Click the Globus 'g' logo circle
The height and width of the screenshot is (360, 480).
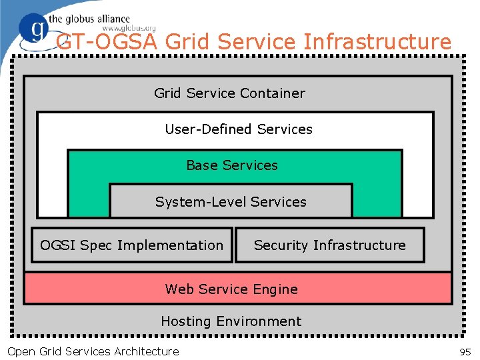[34, 30]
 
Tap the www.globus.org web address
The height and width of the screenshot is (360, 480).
[129, 29]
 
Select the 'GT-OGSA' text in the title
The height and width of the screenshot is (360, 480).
[107, 42]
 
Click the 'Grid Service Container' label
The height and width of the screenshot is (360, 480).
[229, 93]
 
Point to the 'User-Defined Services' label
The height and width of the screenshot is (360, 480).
[238, 129]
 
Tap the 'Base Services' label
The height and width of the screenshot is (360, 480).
[231, 165]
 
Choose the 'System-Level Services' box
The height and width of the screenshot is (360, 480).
[231, 201]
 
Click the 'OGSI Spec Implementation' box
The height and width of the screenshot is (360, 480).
[132, 245]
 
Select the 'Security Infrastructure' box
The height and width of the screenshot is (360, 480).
[329, 245]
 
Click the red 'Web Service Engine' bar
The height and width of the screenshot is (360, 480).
[237, 289]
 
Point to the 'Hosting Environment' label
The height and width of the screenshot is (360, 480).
[231, 321]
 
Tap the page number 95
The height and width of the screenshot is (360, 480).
[465, 351]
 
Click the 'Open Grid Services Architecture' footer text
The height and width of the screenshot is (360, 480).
[93, 351]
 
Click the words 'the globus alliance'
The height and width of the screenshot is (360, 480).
[89, 19]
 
